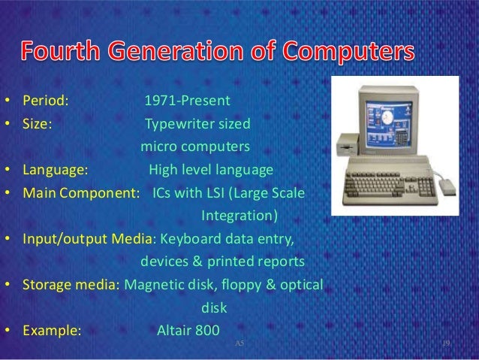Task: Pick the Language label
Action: tap(54, 169)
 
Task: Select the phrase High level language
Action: tap(211, 169)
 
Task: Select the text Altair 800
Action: tap(188, 330)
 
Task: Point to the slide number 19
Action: tap(445, 343)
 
